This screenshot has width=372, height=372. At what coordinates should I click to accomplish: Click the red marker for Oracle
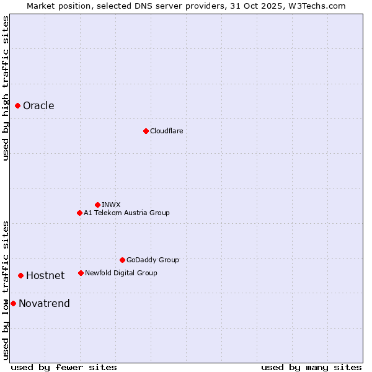coord(18,106)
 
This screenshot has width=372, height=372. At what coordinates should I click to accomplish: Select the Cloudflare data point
coord(146,131)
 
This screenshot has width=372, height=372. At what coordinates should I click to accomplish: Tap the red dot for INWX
coord(97,205)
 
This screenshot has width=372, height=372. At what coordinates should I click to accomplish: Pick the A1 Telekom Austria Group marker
coord(79,213)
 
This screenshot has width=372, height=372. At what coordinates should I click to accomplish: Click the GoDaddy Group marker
coord(122,260)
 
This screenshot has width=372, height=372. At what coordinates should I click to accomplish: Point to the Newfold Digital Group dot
coord(81,273)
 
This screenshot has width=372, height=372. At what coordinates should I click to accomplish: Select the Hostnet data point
coord(21,275)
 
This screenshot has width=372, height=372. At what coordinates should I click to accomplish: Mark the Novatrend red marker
coord(13,303)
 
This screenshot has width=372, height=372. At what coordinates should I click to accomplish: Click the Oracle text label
coord(38,106)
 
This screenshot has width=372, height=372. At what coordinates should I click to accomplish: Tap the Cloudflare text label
coord(166,131)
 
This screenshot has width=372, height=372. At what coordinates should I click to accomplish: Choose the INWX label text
coord(111,205)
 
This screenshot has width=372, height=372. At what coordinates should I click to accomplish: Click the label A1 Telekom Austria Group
coord(126,213)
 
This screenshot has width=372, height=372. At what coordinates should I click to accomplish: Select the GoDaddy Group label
coord(153,260)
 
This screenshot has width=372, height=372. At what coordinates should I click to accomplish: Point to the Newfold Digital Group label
coord(121,273)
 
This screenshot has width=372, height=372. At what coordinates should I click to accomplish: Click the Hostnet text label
coord(45,276)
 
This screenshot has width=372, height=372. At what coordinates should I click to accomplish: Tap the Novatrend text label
coord(44,304)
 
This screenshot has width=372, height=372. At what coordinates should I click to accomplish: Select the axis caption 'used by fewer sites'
coord(64,367)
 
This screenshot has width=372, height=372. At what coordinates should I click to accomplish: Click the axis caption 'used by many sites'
coord(311,367)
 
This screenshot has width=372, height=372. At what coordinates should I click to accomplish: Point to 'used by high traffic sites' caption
coord(6,88)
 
